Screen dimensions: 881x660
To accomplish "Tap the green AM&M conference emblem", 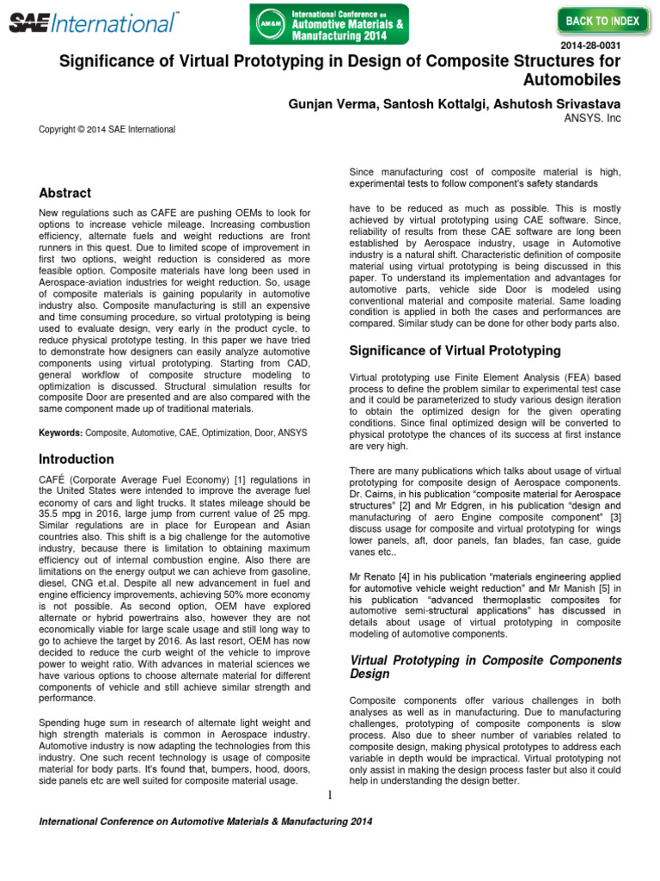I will point(270,24).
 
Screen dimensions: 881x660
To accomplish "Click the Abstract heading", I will point(65,193).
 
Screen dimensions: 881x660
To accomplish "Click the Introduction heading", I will point(76,459).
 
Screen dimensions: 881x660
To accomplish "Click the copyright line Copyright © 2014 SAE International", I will point(107,130).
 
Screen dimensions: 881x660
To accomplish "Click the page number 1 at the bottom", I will point(329,795).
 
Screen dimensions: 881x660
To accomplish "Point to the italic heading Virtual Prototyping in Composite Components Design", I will point(485,668).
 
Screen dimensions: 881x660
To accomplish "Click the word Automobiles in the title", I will point(571,81).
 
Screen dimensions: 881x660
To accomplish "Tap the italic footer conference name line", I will point(206,822).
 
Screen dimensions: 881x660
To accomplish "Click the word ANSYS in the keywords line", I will point(291,432).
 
